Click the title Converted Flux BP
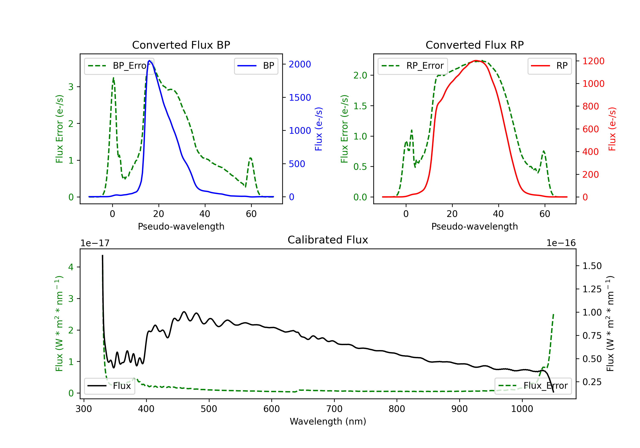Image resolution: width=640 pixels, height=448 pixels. [x=181, y=45]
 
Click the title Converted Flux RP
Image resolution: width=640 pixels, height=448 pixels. [x=474, y=45]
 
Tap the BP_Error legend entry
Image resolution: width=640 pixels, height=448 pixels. [x=119, y=66]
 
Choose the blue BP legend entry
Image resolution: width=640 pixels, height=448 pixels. [x=256, y=66]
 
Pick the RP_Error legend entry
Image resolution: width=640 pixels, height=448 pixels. [x=413, y=66]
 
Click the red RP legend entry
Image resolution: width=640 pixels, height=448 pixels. [x=549, y=66]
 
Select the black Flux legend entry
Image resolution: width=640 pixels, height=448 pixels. [x=110, y=386]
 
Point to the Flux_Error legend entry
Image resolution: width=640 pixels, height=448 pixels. [x=533, y=386]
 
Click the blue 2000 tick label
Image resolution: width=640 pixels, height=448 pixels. [x=300, y=64]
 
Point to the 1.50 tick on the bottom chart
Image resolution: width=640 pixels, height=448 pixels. [x=592, y=266]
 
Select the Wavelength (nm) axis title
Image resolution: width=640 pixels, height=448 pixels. [x=328, y=421]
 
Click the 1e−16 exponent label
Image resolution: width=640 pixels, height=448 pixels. [x=561, y=243]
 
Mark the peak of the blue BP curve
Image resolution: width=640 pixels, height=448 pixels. [x=149, y=61]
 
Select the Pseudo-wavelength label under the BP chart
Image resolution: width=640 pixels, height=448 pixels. [x=181, y=226]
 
